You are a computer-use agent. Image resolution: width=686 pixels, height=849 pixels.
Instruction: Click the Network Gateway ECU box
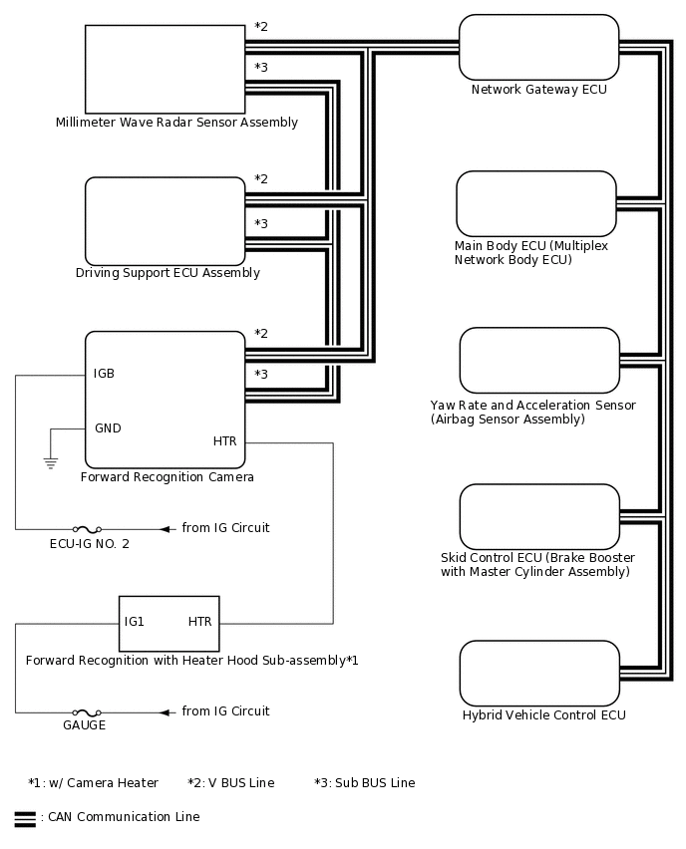pos(538,47)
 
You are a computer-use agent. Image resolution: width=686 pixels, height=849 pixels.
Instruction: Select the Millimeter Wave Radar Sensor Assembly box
pos(165,69)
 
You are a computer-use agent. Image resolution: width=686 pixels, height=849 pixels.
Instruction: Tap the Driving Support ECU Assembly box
pos(165,220)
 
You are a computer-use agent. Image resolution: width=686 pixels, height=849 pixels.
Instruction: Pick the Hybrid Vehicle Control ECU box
pos(538,673)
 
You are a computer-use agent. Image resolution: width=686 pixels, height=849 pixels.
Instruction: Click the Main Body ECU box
pos(536,203)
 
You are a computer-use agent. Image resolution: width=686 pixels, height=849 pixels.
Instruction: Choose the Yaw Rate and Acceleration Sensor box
pos(538,361)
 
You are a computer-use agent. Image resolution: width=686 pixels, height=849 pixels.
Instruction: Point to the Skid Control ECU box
pos(538,516)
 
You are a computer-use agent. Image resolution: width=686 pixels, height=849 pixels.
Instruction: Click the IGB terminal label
pos(104,374)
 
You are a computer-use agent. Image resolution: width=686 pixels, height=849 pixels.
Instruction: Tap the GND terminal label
pos(108,428)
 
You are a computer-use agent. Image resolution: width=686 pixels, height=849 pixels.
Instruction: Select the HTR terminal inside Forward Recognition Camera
pos(225,440)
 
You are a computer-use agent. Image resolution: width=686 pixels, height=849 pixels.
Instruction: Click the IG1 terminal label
pos(135,622)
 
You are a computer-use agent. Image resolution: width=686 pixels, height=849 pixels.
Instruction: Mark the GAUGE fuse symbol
pos(85,712)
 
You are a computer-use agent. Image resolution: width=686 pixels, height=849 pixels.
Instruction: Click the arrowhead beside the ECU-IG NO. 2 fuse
pos(168,528)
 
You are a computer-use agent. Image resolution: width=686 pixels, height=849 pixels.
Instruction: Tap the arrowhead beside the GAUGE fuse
pos(168,712)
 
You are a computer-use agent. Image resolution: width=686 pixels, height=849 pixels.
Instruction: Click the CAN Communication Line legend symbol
pos(25,818)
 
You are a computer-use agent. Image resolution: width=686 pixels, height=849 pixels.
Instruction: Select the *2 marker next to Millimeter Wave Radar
pos(261,27)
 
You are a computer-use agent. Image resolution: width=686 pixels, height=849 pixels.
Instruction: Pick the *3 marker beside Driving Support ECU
pos(261,223)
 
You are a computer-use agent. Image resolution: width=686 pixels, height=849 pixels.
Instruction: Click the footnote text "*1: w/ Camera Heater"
pos(93,783)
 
